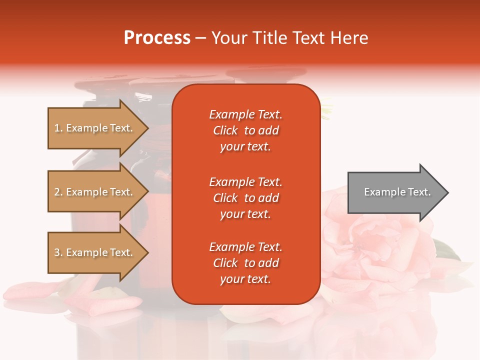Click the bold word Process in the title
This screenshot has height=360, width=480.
[157, 38]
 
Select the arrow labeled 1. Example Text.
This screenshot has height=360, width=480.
[95, 128]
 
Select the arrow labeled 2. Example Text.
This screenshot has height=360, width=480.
[95, 192]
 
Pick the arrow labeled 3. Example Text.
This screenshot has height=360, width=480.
[95, 252]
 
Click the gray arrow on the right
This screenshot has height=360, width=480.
[395, 192]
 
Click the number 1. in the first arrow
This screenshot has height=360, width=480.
[58, 128]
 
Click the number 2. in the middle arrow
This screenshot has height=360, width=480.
[58, 192]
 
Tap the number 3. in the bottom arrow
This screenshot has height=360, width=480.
[58, 252]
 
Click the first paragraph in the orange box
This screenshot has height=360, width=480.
[245, 130]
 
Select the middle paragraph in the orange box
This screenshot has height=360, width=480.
[245, 198]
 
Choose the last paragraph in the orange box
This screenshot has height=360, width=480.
[245, 263]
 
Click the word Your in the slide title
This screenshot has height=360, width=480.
[228, 38]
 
